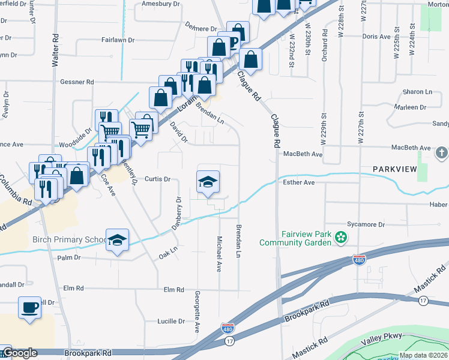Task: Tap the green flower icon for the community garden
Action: tap(341, 238)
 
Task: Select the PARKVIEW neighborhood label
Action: tap(394, 170)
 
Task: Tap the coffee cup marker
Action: tap(29, 308)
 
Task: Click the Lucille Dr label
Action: tap(171, 321)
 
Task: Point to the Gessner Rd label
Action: tap(77, 82)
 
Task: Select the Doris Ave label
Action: tap(376, 37)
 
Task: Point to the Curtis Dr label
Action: tap(158, 179)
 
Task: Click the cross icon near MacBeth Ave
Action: tap(442, 152)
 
